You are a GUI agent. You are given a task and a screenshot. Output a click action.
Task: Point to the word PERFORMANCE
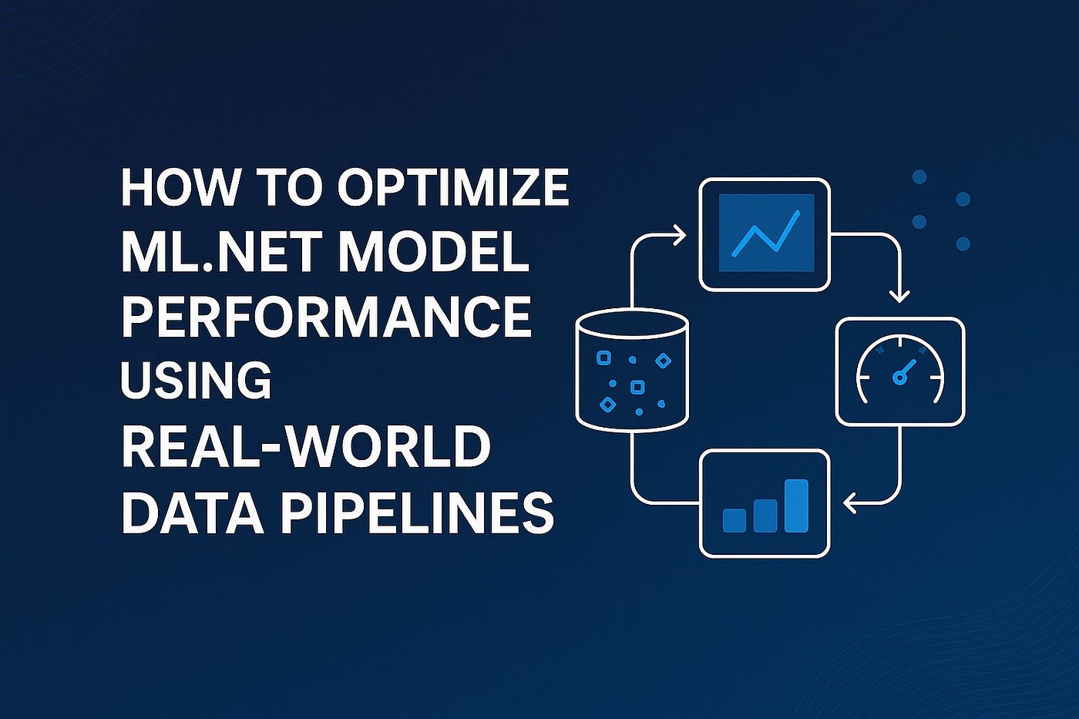pyautogui.click(x=327, y=317)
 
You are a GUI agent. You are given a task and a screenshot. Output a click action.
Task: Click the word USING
pyautogui.click(x=197, y=381)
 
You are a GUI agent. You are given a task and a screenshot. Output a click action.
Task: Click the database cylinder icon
pyautogui.click(x=631, y=371)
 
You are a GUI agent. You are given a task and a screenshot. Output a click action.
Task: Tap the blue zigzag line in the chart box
pyautogui.click(x=765, y=234)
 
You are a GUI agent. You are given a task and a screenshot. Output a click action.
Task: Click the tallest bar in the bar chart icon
pyautogui.click(x=796, y=506)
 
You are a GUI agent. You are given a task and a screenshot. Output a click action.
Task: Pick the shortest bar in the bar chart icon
pyautogui.click(x=734, y=520)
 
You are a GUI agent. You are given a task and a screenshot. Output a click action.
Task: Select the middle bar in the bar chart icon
pyautogui.click(x=765, y=516)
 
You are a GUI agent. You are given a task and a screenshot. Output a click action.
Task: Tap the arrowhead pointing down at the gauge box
pyautogui.click(x=899, y=297)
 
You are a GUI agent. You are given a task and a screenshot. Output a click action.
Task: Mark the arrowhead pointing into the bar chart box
pyautogui.click(x=849, y=503)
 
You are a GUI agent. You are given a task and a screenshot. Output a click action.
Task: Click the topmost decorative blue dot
pyautogui.click(x=919, y=176)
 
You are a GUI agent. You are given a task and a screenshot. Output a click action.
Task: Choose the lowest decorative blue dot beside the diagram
pyautogui.click(x=963, y=244)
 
